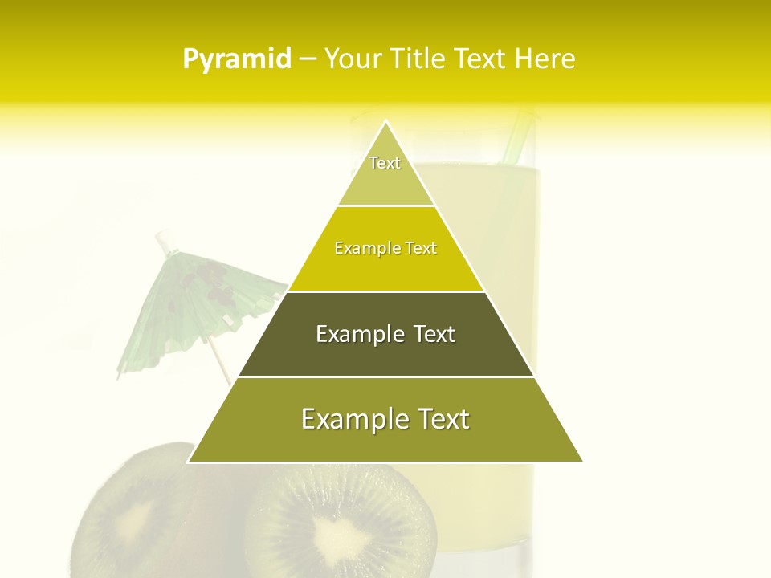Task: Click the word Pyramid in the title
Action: (236, 59)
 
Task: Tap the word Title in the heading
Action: (417, 59)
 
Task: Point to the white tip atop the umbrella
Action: (165, 238)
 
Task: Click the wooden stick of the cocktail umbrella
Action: (221, 365)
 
